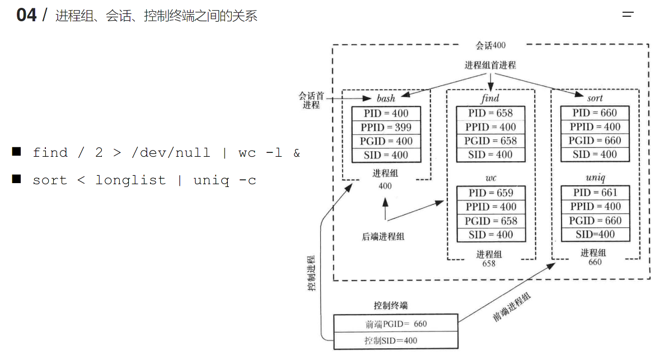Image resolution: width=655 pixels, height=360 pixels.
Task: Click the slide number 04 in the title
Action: (26, 15)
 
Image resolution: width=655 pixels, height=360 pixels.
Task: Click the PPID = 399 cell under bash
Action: (385, 127)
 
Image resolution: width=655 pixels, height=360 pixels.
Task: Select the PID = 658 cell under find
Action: (490, 113)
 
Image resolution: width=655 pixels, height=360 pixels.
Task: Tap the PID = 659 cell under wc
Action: (490, 193)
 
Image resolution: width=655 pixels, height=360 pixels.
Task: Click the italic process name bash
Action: (386, 99)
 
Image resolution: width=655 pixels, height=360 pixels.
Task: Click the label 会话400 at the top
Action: (490, 45)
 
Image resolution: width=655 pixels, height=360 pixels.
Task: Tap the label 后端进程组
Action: (383, 236)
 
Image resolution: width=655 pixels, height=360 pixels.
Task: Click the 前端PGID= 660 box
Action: (395, 324)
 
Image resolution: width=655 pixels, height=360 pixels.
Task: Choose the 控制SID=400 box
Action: (395, 340)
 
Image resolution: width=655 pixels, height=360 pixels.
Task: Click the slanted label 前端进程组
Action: (512, 307)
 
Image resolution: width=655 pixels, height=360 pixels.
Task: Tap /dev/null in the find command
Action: (171, 153)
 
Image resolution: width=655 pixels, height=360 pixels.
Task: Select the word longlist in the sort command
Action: (130, 180)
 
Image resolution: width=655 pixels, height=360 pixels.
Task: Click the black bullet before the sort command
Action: (17, 179)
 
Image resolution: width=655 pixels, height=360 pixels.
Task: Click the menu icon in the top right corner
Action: (628, 15)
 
